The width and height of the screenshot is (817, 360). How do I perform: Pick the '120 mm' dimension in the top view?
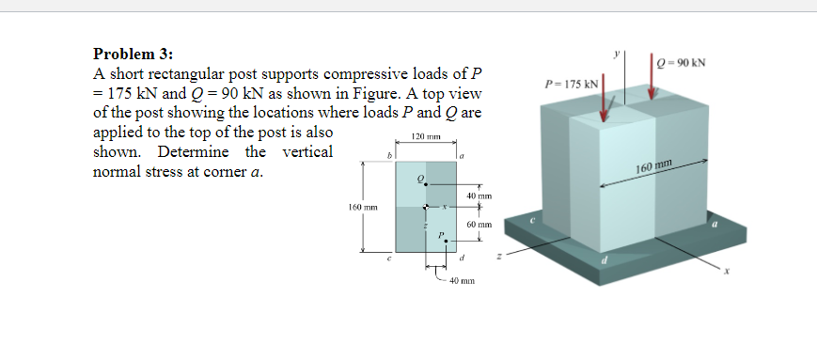426,138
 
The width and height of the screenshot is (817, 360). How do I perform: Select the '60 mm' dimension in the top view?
479,226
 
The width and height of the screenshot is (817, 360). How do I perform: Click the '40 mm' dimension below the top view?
462,281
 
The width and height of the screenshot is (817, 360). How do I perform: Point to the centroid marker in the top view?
426,208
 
